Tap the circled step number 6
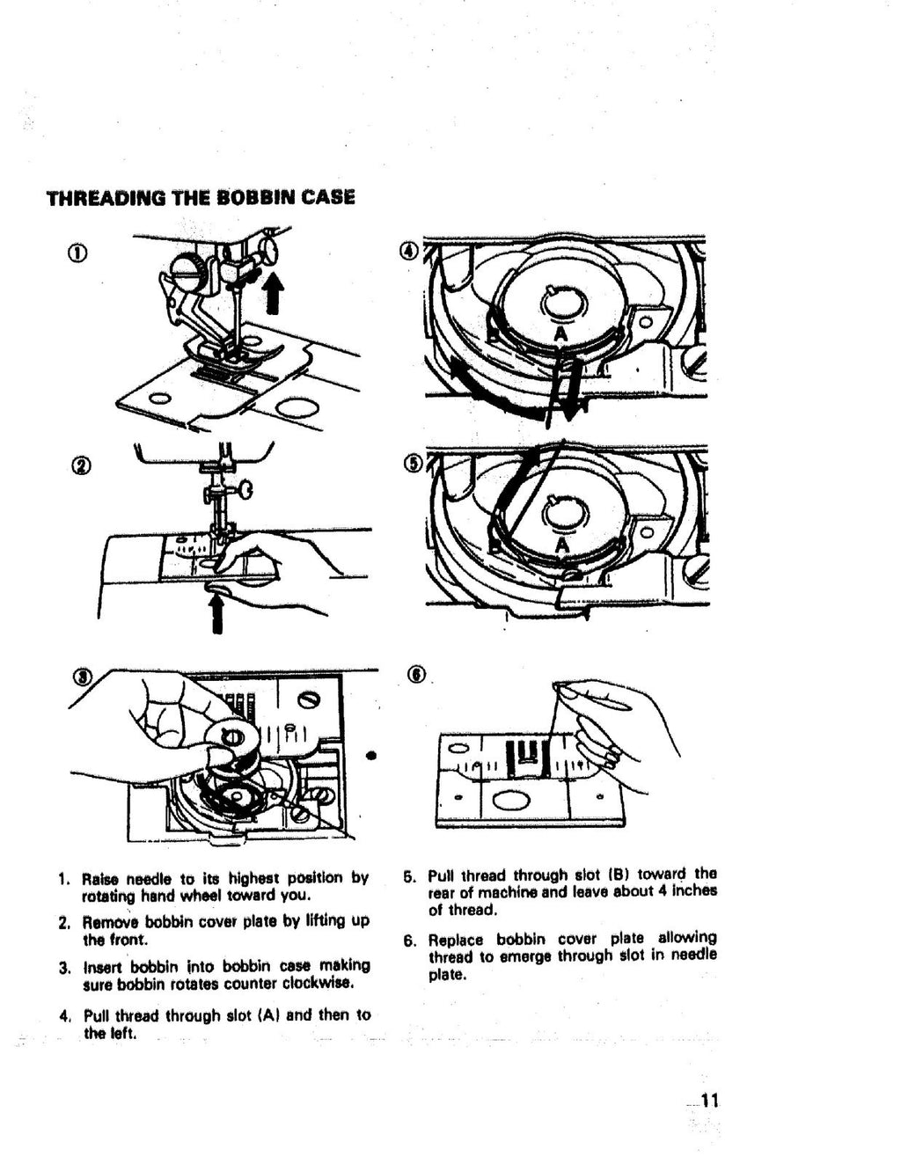[x=416, y=675]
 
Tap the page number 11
[x=710, y=1100]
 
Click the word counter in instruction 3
[x=238, y=983]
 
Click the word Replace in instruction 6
[x=457, y=939]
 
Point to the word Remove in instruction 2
[x=111, y=923]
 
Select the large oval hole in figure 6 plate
[x=509, y=800]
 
